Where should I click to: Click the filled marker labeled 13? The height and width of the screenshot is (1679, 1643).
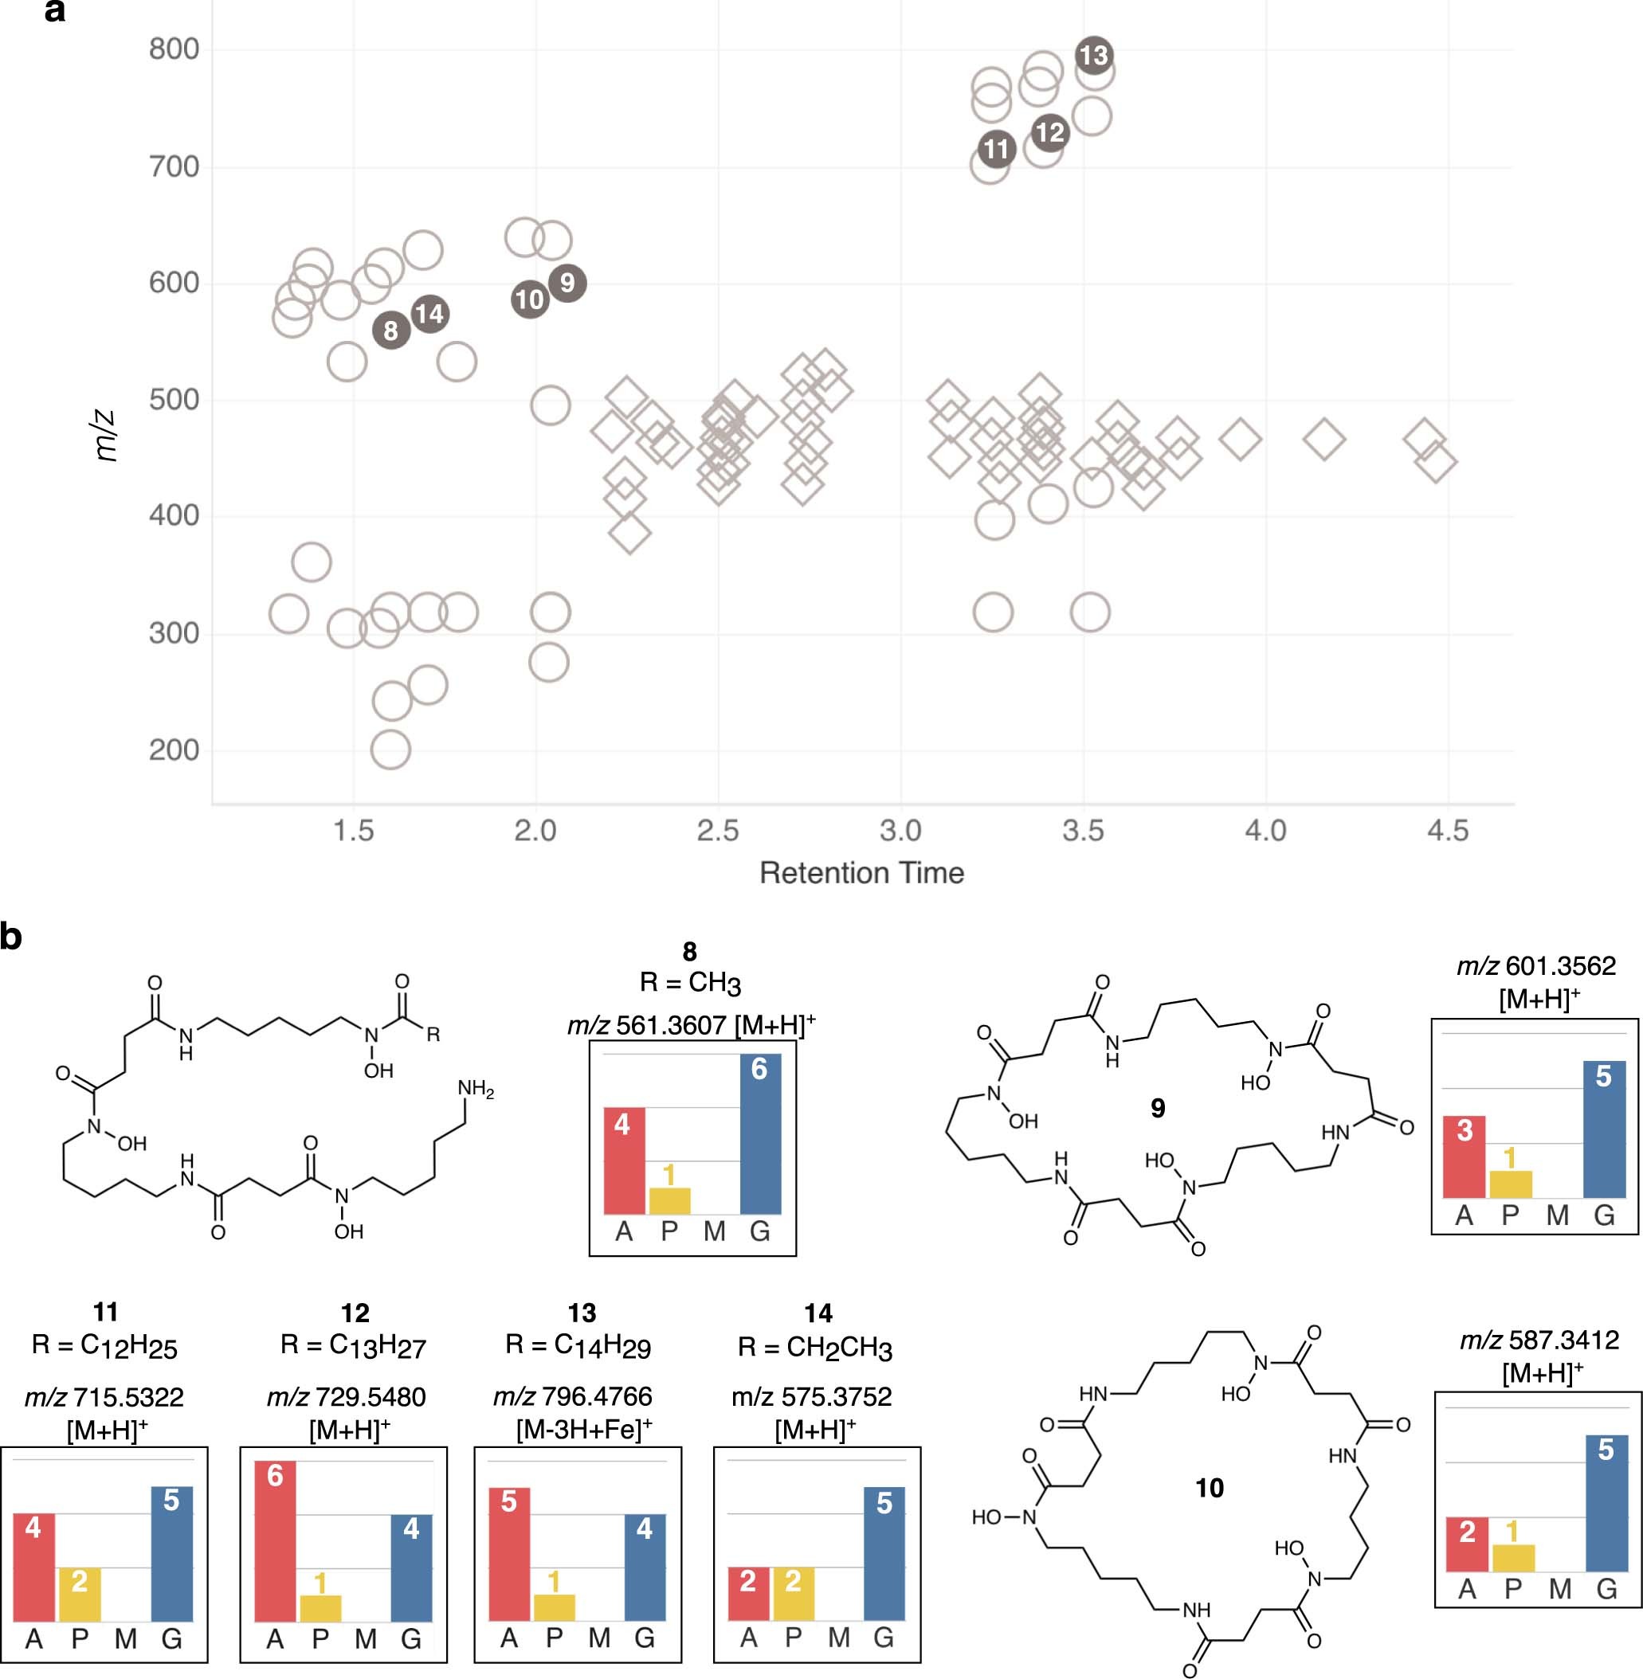(1093, 55)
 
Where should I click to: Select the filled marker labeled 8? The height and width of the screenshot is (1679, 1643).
(391, 330)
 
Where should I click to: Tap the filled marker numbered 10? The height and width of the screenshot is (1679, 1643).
(529, 299)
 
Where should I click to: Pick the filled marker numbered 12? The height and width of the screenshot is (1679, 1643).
(1049, 132)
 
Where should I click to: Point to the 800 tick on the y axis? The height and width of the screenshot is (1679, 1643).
(174, 49)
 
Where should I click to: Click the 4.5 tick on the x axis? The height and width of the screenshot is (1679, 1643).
(1447, 830)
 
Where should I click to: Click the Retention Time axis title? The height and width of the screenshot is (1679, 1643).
(861, 873)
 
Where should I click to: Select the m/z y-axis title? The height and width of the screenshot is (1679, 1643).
(104, 436)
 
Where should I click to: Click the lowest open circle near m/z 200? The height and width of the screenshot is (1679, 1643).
(390, 749)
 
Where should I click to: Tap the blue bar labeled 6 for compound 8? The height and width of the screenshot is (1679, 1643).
(760, 1133)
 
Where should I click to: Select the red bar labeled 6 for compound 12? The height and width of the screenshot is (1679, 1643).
(275, 1541)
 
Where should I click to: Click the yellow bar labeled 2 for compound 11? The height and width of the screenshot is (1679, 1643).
(80, 1594)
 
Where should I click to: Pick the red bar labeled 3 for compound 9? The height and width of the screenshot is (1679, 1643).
(1465, 1157)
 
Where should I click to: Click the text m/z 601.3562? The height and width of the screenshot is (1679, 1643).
(1536, 965)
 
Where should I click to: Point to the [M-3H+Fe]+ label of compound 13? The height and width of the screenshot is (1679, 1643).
(583, 1430)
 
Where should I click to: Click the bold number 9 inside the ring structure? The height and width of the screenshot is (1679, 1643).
(1158, 1108)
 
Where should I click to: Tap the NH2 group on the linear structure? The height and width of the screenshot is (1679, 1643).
(476, 1089)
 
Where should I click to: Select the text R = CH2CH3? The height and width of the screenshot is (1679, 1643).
(814, 1347)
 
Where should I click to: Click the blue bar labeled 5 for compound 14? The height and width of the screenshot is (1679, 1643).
(884, 1553)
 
